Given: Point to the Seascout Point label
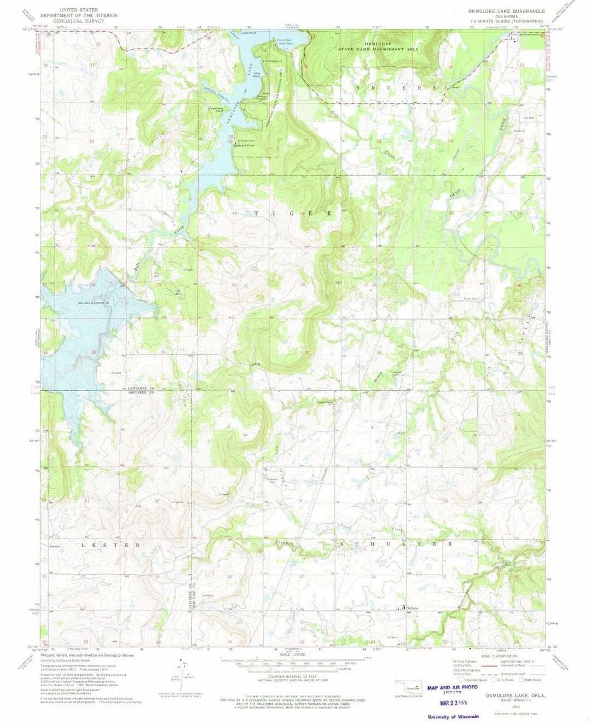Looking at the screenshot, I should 244,146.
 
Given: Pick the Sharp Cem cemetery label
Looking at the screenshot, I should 471,299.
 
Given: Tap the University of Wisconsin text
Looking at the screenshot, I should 453,717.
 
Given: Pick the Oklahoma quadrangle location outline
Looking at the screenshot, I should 409,686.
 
